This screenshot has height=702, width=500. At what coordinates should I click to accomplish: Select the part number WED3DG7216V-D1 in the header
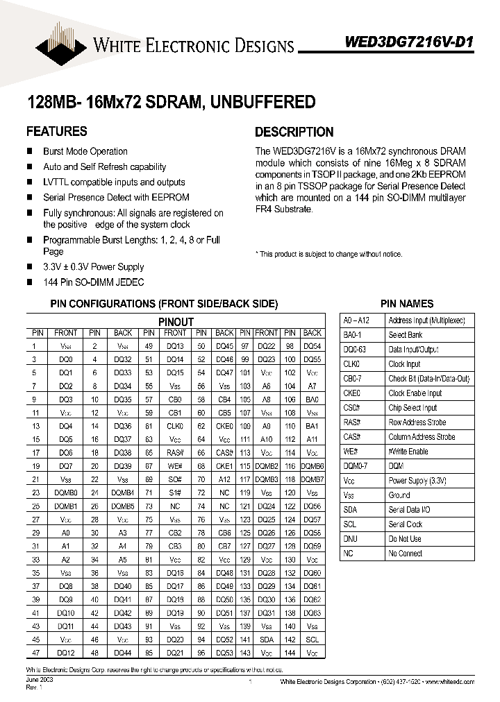tap(409, 42)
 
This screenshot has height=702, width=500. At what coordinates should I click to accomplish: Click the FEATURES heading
tap(56, 131)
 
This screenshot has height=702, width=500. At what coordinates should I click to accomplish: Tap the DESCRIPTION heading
tap(294, 132)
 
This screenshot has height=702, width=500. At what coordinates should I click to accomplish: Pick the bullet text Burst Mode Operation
tap(85, 151)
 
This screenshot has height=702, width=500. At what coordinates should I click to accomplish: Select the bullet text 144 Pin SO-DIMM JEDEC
tap(93, 282)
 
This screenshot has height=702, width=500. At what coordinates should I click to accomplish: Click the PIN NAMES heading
tap(406, 304)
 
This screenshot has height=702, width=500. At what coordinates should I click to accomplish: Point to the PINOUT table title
tap(176, 322)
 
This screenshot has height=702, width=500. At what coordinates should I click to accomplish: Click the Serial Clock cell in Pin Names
tap(405, 524)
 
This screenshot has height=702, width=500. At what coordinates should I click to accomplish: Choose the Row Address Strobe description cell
tap(417, 422)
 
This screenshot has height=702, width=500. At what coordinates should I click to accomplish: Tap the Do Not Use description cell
tap(405, 539)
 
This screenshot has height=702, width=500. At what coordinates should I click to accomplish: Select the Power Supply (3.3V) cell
tap(417, 481)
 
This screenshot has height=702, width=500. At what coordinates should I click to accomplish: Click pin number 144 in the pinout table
tap(290, 653)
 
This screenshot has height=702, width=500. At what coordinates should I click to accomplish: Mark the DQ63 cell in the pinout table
tap(312, 613)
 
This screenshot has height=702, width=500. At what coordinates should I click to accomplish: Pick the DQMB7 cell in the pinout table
tap(312, 479)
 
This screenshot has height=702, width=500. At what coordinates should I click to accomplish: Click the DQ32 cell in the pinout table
tap(123, 359)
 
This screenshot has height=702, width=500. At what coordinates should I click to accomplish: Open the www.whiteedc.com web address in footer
tap(452, 683)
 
